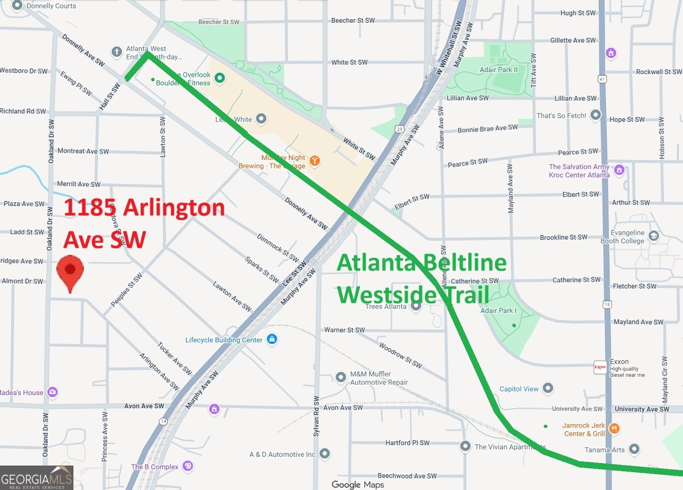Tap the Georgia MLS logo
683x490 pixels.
pyautogui.click(x=37, y=478)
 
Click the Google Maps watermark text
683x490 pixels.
pyautogui.click(x=358, y=484)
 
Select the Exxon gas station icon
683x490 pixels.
pyautogui.click(x=600, y=367)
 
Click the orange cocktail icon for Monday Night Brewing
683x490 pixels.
pyautogui.click(x=315, y=161)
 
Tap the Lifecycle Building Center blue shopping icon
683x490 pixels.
pyautogui.click(x=272, y=339)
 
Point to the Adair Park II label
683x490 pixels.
pyautogui.click(x=498, y=70)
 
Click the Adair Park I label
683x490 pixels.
pyautogui.click(x=498, y=310)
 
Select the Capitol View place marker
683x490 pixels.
pyautogui.click(x=548, y=388)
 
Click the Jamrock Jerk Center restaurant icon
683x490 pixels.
pyautogui.click(x=614, y=429)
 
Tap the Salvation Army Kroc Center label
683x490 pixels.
pyautogui.click(x=579, y=171)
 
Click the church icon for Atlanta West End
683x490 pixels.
pyautogui.click(x=117, y=52)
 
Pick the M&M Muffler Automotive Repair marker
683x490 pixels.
pyautogui.click(x=341, y=377)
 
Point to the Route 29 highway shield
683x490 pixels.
pyautogui.click(x=400, y=129)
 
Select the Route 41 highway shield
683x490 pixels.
pyautogui.click(x=602, y=79)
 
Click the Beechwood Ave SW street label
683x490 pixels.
pyautogui.click(x=407, y=476)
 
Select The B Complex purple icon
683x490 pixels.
pyautogui.click(x=187, y=466)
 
